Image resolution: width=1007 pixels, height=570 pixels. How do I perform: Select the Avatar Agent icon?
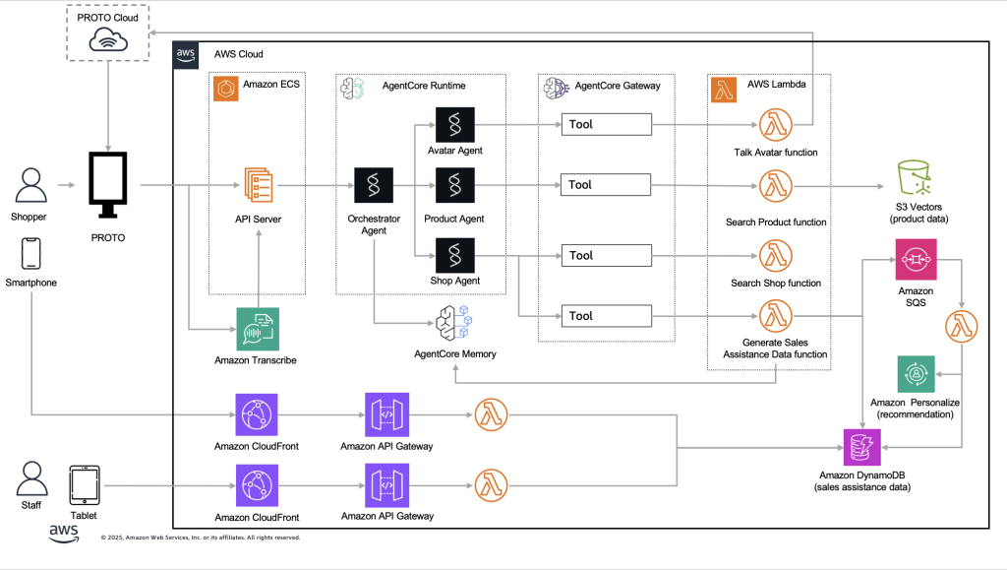click(x=455, y=125)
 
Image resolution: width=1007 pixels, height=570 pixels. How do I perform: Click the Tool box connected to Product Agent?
click(x=607, y=184)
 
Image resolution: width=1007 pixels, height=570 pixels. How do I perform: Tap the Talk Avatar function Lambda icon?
click(x=777, y=125)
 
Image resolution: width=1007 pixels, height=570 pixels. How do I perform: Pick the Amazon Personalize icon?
click(x=916, y=375)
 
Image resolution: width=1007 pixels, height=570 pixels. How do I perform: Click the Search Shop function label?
click(x=776, y=284)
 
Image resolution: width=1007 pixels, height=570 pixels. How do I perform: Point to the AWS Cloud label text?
click(x=238, y=54)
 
